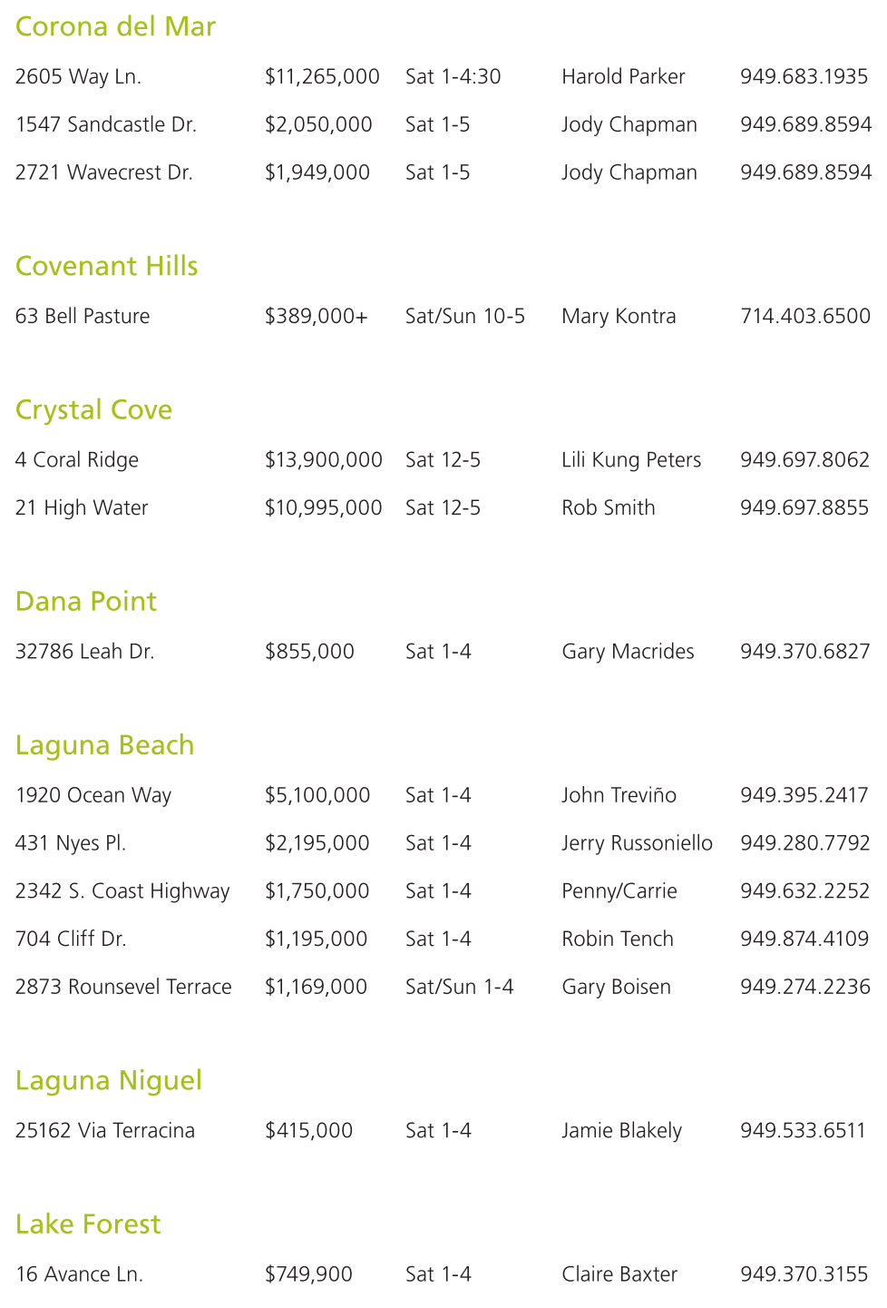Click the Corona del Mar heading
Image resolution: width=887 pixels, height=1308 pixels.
click(x=115, y=27)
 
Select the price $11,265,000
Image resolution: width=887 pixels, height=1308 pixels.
click(x=322, y=77)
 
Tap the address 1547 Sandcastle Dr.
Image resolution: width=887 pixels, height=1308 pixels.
click(x=106, y=125)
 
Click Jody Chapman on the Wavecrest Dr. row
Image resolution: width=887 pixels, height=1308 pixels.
click(x=629, y=173)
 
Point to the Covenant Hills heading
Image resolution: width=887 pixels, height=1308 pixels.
click(x=106, y=267)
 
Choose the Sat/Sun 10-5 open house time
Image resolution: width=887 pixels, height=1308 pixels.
click(x=465, y=317)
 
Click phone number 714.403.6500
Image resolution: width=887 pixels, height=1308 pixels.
click(x=805, y=317)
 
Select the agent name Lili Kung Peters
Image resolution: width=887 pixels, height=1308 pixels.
click(x=631, y=460)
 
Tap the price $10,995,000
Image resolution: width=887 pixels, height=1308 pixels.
click(x=323, y=508)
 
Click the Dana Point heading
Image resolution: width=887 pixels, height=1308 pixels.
click(x=86, y=602)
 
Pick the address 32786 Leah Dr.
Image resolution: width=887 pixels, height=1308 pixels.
click(x=85, y=652)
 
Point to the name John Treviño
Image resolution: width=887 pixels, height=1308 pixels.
click(x=619, y=796)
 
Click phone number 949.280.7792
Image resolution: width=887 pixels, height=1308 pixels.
click(x=805, y=844)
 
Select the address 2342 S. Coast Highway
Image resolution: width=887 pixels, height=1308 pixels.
click(x=122, y=891)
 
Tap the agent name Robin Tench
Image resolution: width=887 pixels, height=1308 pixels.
click(x=618, y=939)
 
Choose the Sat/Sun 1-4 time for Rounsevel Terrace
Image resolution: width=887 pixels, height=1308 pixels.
click(x=460, y=988)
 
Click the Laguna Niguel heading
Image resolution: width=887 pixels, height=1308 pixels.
click(x=109, y=1081)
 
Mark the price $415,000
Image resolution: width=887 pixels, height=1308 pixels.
click(x=308, y=1131)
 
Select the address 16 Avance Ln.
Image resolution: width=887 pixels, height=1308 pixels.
click(x=80, y=1274)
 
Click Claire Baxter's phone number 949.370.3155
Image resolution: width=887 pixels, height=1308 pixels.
click(x=804, y=1274)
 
